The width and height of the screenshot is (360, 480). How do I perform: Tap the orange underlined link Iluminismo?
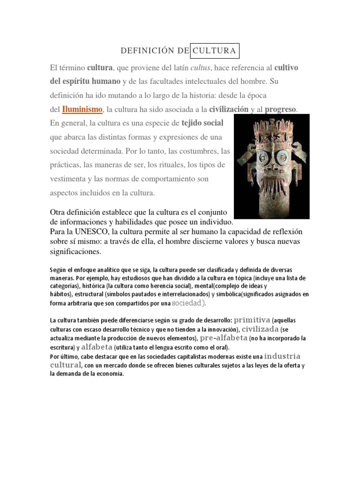82,109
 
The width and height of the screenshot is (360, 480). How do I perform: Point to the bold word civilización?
229,109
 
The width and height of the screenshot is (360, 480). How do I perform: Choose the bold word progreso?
280,109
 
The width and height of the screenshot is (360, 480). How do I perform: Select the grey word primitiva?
252,320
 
